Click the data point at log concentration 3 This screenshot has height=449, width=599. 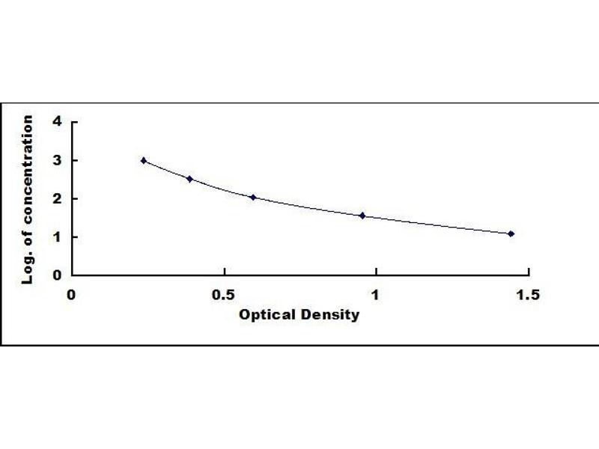click(x=144, y=160)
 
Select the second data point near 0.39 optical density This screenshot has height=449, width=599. click(x=190, y=179)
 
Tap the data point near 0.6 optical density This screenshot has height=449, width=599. click(x=253, y=198)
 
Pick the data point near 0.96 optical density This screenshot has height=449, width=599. click(x=362, y=216)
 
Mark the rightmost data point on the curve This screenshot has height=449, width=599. click(x=511, y=233)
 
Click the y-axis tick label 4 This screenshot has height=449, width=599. click(x=57, y=122)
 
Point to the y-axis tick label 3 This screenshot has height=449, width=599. click(x=57, y=160)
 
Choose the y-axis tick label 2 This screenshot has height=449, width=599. click(x=57, y=198)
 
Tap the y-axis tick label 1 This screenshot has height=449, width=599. click(x=57, y=236)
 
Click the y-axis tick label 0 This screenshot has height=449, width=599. click(x=57, y=275)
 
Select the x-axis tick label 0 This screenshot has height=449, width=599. click(x=72, y=294)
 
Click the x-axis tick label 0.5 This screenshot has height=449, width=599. click(x=223, y=294)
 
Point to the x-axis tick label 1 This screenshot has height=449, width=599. click(x=375, y=294)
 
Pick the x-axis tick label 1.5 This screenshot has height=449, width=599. click(x=527, y=294)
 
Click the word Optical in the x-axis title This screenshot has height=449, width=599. click(x=263, y=314)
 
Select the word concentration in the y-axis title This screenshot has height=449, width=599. click(x=28, y=173)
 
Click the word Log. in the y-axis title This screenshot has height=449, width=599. click(x=28, y=269)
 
